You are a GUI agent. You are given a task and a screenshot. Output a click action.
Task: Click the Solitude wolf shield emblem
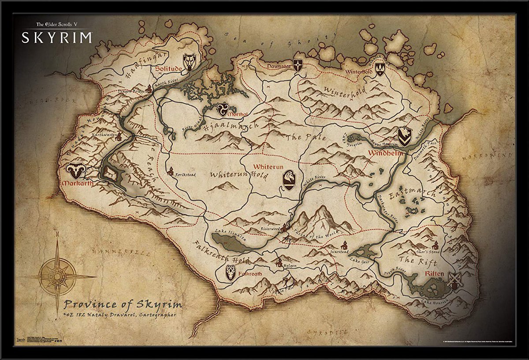tap(190, 62)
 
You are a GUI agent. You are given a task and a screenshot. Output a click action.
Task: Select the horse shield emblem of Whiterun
tap(289, 180)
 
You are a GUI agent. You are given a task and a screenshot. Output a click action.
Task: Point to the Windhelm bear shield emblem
tap(405, 137)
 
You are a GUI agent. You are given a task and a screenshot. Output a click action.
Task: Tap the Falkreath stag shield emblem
tap(230, 273)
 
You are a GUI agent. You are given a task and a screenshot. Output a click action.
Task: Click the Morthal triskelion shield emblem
tap(223, 109)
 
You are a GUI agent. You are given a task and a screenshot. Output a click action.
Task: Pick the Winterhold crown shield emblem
tap(380, 68)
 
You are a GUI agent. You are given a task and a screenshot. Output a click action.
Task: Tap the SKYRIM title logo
tap(57, 37)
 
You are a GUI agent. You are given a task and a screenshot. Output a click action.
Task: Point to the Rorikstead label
tap(185, 174)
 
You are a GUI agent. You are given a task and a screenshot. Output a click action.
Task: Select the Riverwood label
tap(270, 229)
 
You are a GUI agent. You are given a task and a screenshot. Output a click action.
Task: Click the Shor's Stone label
tap(428, 252)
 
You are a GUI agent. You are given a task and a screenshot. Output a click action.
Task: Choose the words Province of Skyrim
tap(122, 304)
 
